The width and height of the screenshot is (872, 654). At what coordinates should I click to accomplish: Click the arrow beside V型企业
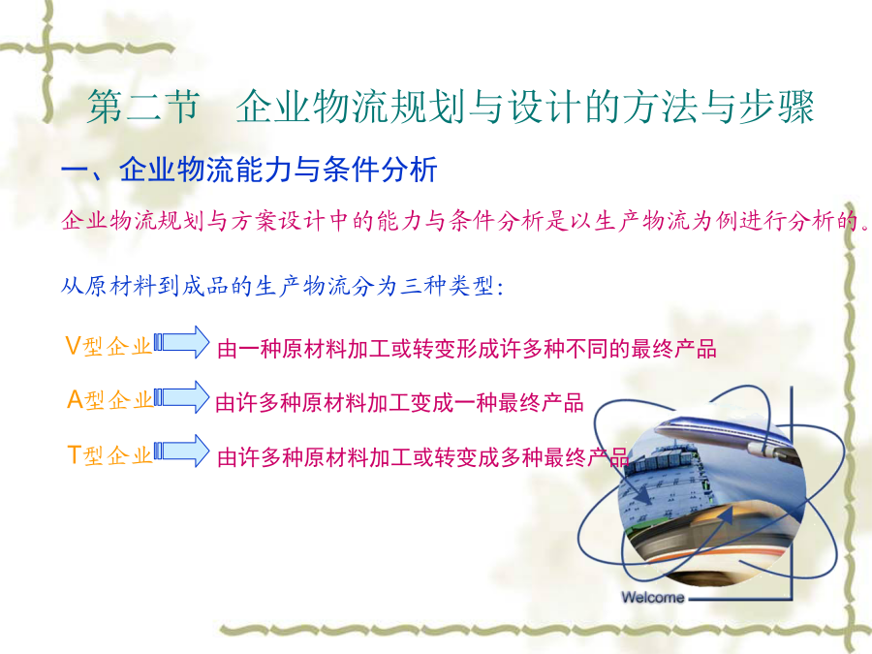tap(182, 342)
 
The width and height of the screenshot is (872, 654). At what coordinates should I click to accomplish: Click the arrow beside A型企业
tap(182, 397)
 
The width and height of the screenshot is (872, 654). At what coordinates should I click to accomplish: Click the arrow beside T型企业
tap(182, 451)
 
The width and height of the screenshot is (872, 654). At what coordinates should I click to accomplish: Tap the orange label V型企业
tap(109, 346)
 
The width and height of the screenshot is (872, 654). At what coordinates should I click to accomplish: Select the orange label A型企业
tap(109, 400)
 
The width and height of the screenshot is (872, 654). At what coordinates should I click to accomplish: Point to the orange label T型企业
tap(109, 455)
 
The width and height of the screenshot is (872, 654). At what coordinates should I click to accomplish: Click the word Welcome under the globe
tap(653, 597)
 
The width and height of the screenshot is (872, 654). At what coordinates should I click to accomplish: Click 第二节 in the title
tap(143, 107)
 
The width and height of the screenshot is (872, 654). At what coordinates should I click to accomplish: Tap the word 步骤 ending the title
tap(777, 107)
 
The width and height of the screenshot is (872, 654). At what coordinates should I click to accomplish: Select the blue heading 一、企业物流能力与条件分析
tap(249, 169)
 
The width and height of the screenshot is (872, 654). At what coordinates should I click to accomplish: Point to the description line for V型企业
tap(467, 349)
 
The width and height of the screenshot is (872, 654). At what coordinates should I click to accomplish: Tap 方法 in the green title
tap(660, 107)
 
